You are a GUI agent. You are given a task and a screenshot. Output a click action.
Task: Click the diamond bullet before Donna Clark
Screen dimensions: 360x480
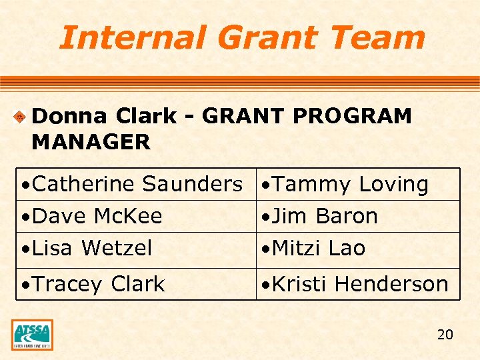pos(21,117)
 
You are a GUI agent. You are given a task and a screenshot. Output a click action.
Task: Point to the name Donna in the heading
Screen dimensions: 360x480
pos(69,116)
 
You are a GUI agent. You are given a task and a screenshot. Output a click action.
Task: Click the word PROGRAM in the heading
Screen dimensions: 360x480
pos(352,116)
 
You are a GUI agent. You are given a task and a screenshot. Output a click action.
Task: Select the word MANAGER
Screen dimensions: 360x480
pos(91,141)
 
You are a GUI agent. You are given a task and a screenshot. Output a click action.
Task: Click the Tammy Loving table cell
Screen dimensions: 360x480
pos(358,184)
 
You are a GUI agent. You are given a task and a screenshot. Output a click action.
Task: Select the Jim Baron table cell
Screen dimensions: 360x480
pos(358,216)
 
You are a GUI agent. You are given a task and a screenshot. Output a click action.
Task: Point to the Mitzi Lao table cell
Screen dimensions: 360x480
pos(358,249)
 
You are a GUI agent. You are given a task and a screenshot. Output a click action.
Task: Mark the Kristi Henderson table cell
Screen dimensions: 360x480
pos(358,284)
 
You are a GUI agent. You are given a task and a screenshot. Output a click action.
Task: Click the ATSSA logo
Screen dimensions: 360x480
pos(32,335)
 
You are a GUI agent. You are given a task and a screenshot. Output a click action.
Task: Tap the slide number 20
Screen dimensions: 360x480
pos(445,334)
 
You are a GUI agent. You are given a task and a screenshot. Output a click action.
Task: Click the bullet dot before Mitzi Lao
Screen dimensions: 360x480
pos(265,249)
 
